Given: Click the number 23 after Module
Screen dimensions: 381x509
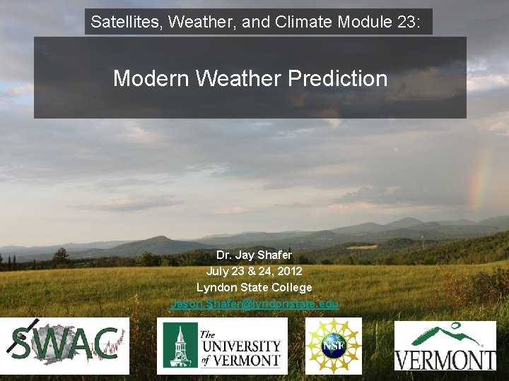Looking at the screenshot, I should tap(409, 22).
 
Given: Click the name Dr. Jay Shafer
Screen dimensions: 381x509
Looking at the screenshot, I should tap(254, 255).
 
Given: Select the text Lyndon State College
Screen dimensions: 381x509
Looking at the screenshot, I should tap(254, 287).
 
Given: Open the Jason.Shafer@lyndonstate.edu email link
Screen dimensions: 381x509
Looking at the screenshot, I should tap(255, 303).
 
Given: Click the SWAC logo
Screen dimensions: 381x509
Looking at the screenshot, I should tap(64, 346).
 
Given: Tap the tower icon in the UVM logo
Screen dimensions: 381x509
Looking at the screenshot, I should tap(179, 346).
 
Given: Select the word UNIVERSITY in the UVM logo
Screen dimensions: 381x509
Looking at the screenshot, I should tap(240, 346).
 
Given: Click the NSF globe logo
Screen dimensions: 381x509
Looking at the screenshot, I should tap(334, 345).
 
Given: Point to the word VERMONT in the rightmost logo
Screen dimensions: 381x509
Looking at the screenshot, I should tap(445, 358).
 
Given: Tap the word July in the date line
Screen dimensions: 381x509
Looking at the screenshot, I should tap(218, 271).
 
